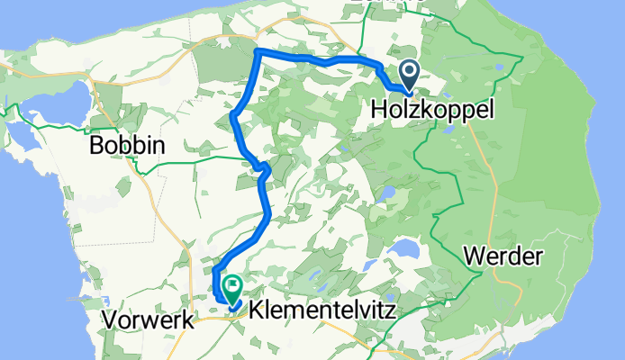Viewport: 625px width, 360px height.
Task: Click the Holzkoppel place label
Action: (x=432, y=110)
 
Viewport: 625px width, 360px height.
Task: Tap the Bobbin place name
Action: (x=126, y=147)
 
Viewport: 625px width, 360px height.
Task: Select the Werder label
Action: (x=504, y=256)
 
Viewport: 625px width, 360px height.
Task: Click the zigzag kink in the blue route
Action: (x=263, y=168)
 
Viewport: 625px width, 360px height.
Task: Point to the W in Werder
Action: (x=475, y=256)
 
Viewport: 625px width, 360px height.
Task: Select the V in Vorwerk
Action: (x=110, y=319)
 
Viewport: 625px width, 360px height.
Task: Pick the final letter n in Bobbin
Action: (x=158, y=148)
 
